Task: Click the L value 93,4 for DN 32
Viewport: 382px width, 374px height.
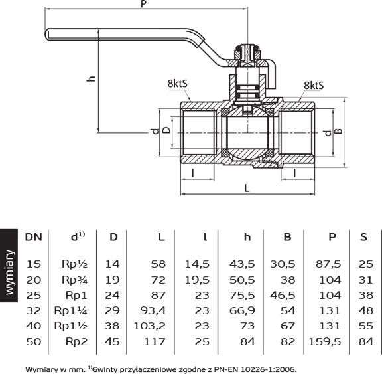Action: click(153, 311)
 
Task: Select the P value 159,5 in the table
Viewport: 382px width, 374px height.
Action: click(324, 342)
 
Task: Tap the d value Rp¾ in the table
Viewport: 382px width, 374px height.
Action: click(74, 280)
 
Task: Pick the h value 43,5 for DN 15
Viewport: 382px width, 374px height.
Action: click(242, 264)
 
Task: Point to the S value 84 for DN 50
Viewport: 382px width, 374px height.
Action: click(366, 342)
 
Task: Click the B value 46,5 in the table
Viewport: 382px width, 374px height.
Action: click(283, 295)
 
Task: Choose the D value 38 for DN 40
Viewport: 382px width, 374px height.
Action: click(112, 326)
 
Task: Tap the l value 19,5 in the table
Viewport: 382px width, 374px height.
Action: click(197, 280)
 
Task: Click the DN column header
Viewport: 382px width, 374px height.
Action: click(34, 237)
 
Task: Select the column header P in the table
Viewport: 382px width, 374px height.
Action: click(332, 237)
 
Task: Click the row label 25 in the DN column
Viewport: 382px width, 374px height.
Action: click(34, 295)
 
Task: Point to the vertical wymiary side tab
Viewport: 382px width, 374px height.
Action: click(9, 265)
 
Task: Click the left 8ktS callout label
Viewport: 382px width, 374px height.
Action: click(178, 84)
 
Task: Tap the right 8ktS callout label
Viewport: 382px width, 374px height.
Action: click(314, 86)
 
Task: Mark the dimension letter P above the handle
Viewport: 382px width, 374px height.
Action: click(144, 4)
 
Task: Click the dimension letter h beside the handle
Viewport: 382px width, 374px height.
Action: click(91, 78)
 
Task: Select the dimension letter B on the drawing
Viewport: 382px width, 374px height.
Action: click(338, 132)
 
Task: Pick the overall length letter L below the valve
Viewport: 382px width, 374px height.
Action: click(247, 188)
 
